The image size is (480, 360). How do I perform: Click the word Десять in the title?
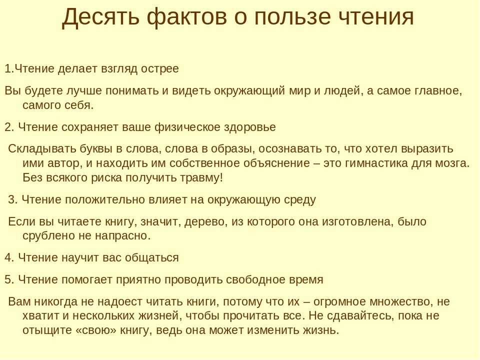pos(100,17)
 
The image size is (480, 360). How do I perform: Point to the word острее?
pos(160,69)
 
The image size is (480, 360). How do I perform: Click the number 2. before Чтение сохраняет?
pos(9,127)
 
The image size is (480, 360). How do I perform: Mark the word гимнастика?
pos(376,163)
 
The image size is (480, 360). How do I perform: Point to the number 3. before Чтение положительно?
pos(13,199)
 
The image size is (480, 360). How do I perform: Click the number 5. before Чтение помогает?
pos(9,280)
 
